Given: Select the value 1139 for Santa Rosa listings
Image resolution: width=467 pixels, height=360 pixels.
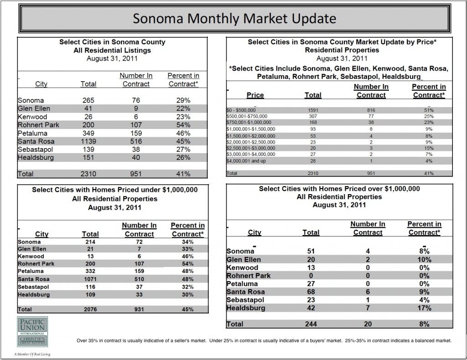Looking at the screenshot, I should pyautogui.click(x=88, y=142).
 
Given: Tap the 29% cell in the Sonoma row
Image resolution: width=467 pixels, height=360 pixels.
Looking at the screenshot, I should pyautogui.click(x=182, y=100).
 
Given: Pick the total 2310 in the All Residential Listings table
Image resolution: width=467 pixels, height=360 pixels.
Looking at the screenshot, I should pyautogui.click(x=88, y=173).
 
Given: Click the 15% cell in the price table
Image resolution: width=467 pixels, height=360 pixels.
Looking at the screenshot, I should pyautogui.click(x=429, y=149).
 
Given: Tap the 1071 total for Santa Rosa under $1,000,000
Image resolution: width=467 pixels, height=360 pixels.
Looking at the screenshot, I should pyautogui.click(x=90, y=279).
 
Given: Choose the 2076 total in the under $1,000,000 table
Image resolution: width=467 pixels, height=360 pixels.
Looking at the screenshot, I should pyautogui.click(x=90, y=309).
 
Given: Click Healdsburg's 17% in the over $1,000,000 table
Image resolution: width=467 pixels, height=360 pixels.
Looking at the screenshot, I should pyautogui.click(x=424, y=309).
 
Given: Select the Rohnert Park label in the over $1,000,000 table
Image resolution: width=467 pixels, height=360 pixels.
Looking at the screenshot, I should pyautogui.click(x=249, y=275).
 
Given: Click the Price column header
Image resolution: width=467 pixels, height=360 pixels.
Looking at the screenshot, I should pyautogui.click(x=255, y=95).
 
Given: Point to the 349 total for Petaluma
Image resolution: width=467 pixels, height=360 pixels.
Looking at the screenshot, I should pyautogui.click(x=88, y=134).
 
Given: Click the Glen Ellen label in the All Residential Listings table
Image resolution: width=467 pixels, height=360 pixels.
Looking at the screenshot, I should pyautogui.click(x=34, y=108).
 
